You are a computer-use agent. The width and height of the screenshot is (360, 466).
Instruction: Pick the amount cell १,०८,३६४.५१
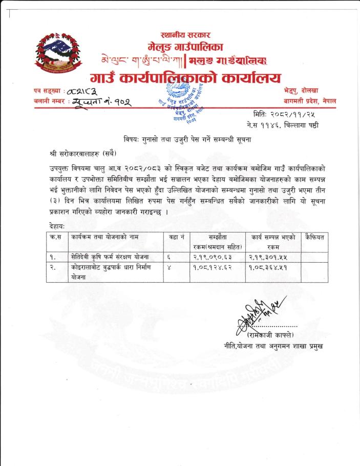[272, 267]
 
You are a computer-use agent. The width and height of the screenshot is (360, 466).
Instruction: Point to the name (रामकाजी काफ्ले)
[270, 335]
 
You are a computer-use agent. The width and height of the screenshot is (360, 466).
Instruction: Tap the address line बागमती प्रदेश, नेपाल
[310, 101]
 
